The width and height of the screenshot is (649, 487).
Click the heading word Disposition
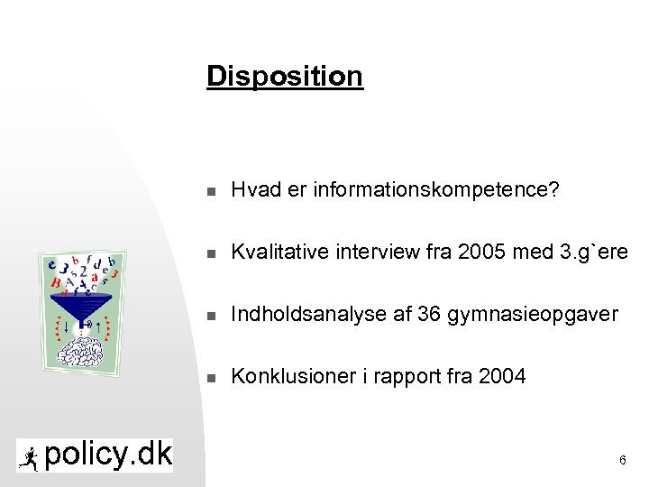284,77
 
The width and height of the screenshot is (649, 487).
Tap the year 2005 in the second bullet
482,253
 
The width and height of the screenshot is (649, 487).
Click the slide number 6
622,461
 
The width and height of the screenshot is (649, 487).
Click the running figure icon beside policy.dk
30,457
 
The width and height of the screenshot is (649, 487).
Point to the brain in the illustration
83,354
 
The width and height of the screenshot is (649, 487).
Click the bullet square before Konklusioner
210,377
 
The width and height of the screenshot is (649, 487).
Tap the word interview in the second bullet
388,253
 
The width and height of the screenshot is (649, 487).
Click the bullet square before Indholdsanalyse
210,316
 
